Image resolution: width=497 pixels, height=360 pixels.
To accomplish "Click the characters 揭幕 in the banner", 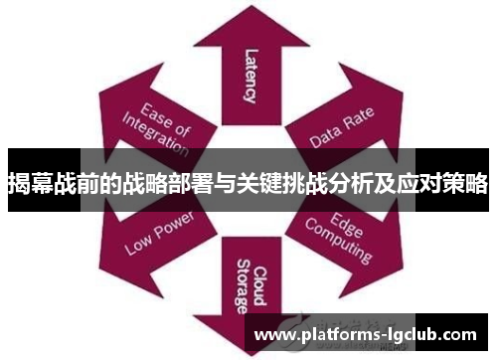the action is pyautogui.click(x=29, y=183).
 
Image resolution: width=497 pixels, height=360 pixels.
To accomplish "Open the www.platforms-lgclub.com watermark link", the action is pyautogui.click(x=367, y=336).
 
